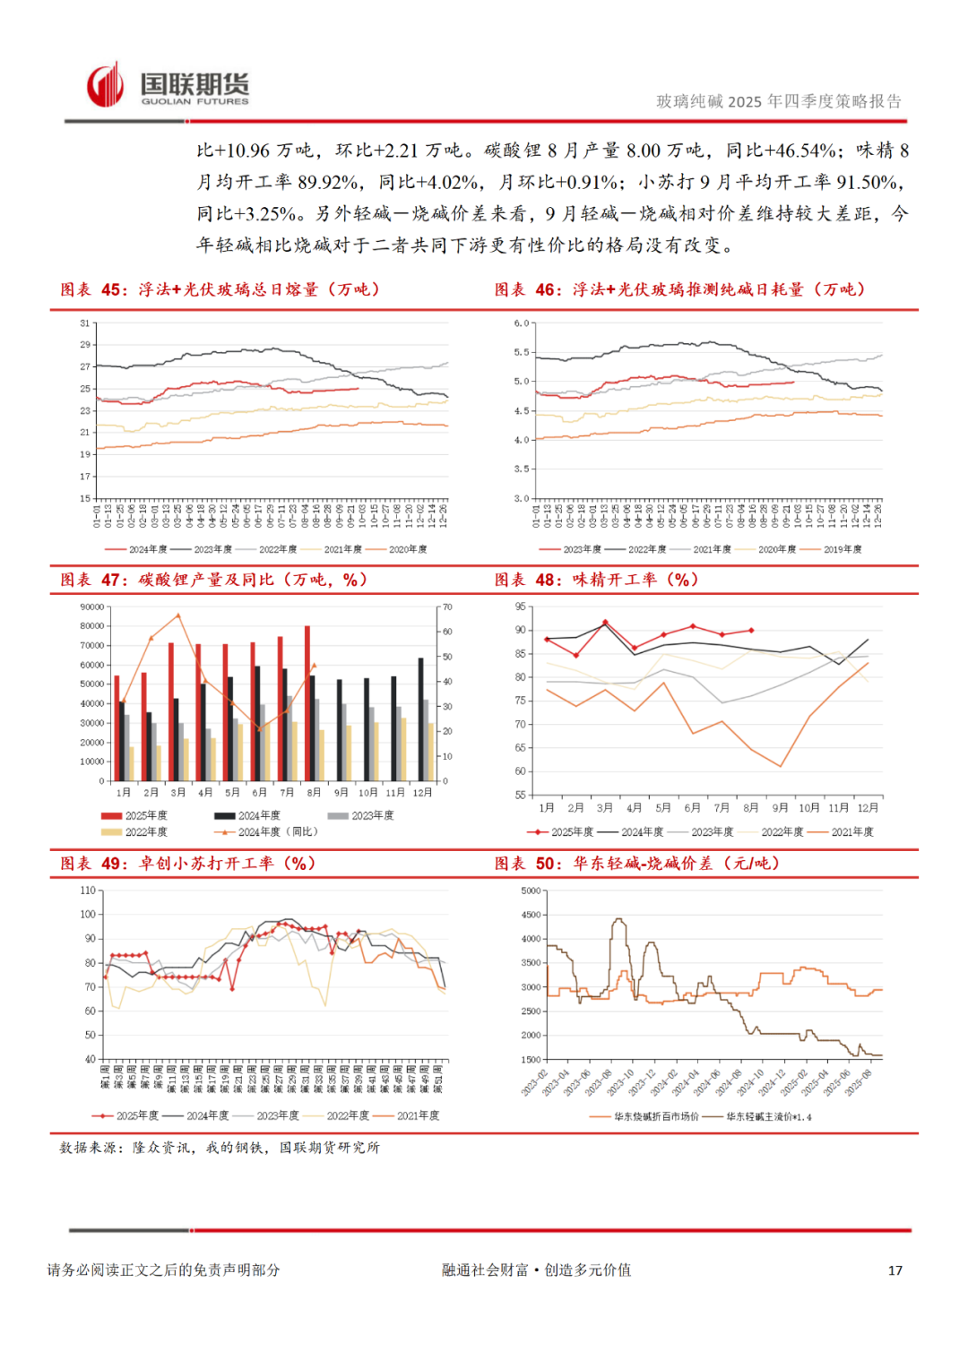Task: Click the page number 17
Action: point(895,1270)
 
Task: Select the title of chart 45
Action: point(220,289)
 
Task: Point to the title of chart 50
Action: point(637,864)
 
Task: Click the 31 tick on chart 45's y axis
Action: point(85,323)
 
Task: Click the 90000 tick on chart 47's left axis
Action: point(92,607)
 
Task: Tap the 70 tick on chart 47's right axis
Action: point(447,607)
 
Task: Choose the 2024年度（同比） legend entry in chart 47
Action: point(269,832)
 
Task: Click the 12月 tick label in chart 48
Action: point(868,808)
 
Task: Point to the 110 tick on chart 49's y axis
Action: point(88,890)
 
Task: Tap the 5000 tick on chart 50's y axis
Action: point(532,891)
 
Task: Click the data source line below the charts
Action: point(220,1148)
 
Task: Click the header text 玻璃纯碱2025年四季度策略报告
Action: point(779,102)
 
